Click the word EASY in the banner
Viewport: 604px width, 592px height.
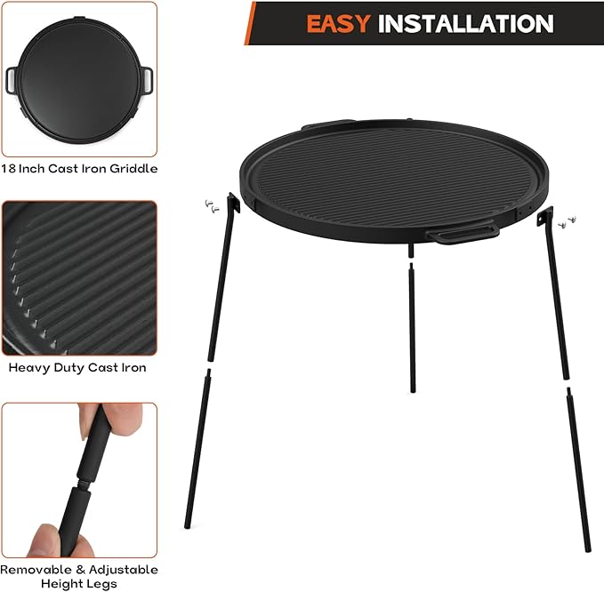point(339,23)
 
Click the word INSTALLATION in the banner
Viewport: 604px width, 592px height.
point(465,23)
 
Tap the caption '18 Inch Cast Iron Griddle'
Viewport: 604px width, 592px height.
point(79,168)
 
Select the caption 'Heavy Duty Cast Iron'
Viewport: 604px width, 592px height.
point(77,367)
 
